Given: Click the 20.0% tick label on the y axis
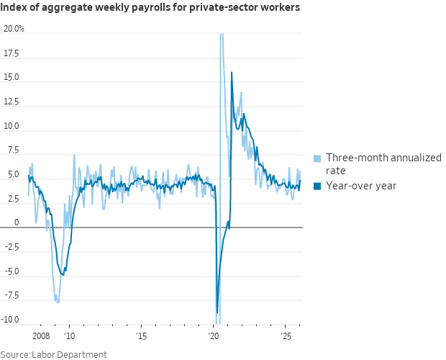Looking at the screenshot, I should pos(14,29).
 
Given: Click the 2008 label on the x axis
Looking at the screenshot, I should pos(41,336).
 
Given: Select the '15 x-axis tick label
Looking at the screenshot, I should pos(142,336).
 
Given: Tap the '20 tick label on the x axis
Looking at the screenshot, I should pos(214,336).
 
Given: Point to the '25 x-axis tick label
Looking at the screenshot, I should pos(286,336).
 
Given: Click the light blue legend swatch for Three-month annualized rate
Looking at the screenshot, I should pos(317,158).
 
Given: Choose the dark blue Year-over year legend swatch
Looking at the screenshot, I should pos(317,186).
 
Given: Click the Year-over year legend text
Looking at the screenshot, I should pos(361,186).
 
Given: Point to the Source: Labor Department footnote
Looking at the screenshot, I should pos(54,354).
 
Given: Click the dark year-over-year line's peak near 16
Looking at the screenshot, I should pos(232,72).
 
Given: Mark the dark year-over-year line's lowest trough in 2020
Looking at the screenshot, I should pos(217,312).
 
